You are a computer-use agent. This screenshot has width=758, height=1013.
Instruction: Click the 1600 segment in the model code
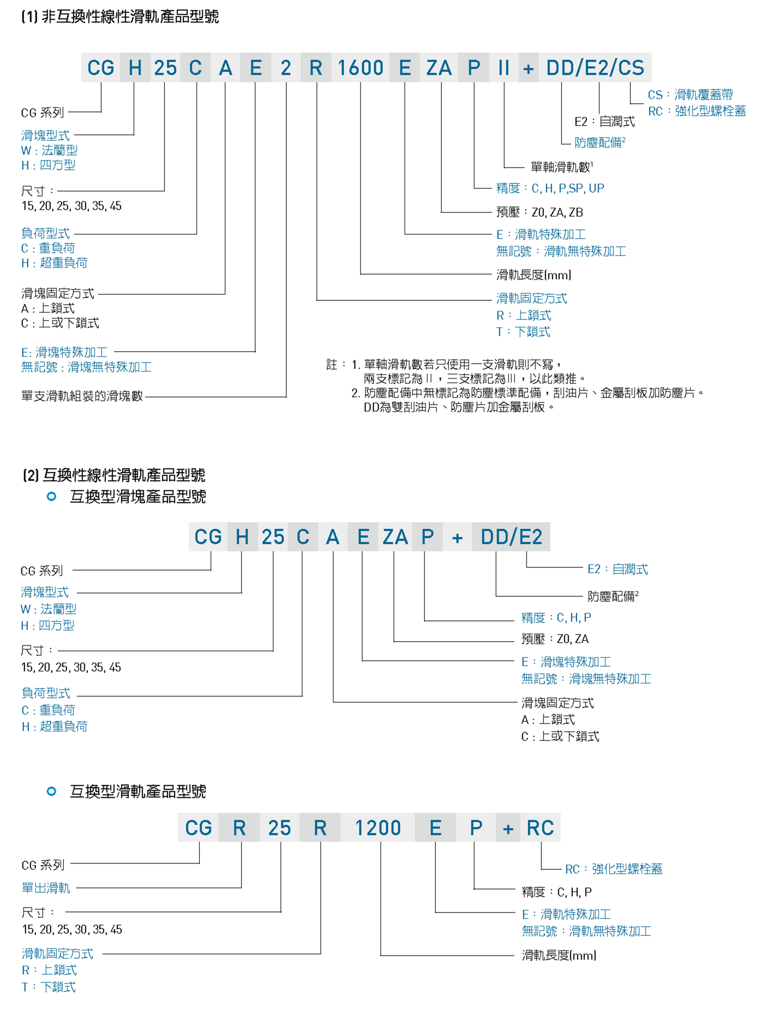(x=360, y=68)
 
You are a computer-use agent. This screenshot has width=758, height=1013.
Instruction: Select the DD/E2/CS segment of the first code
(x=595, y=68)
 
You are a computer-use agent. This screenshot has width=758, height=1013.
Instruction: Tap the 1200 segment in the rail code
(x=378, y=828)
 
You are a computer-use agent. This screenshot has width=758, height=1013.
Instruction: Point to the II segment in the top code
(x=504, y=68)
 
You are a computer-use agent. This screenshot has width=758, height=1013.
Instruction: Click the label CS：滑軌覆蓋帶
(x=690, y=94)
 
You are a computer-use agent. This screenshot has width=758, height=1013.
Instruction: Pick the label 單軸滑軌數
(x=561, y=167)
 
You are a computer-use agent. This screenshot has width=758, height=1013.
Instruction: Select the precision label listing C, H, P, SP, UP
(x=550, y=188)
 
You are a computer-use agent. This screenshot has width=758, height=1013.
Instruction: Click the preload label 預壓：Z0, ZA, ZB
(x=540, y=212)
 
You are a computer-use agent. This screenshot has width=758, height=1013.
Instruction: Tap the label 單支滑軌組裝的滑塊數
(x=82, y=396)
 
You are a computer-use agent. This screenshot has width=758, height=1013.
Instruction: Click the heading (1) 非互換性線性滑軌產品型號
(x=120, y=17)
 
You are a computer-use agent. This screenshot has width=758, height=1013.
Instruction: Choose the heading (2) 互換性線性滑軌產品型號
(x=114, y=475)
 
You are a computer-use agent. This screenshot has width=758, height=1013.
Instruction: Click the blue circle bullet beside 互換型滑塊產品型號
(x=51, y=496)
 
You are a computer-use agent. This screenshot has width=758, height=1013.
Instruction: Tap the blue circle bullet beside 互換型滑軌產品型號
(x=51, y=791)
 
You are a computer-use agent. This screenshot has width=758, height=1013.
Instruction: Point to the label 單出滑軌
(x=46, y=888)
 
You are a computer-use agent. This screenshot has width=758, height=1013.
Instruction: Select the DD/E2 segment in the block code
(x=511, y=537)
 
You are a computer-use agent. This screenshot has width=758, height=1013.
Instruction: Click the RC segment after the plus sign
(x=540, y=828)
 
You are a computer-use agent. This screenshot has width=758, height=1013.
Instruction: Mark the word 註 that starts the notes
(x=331, y=364)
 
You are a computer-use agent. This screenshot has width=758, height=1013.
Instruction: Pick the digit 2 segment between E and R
(x=286, y=68)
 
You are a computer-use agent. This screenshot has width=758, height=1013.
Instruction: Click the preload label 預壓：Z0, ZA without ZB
(x=555, y=639)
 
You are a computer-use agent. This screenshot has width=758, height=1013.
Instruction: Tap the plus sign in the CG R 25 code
(x=508, y=829)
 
